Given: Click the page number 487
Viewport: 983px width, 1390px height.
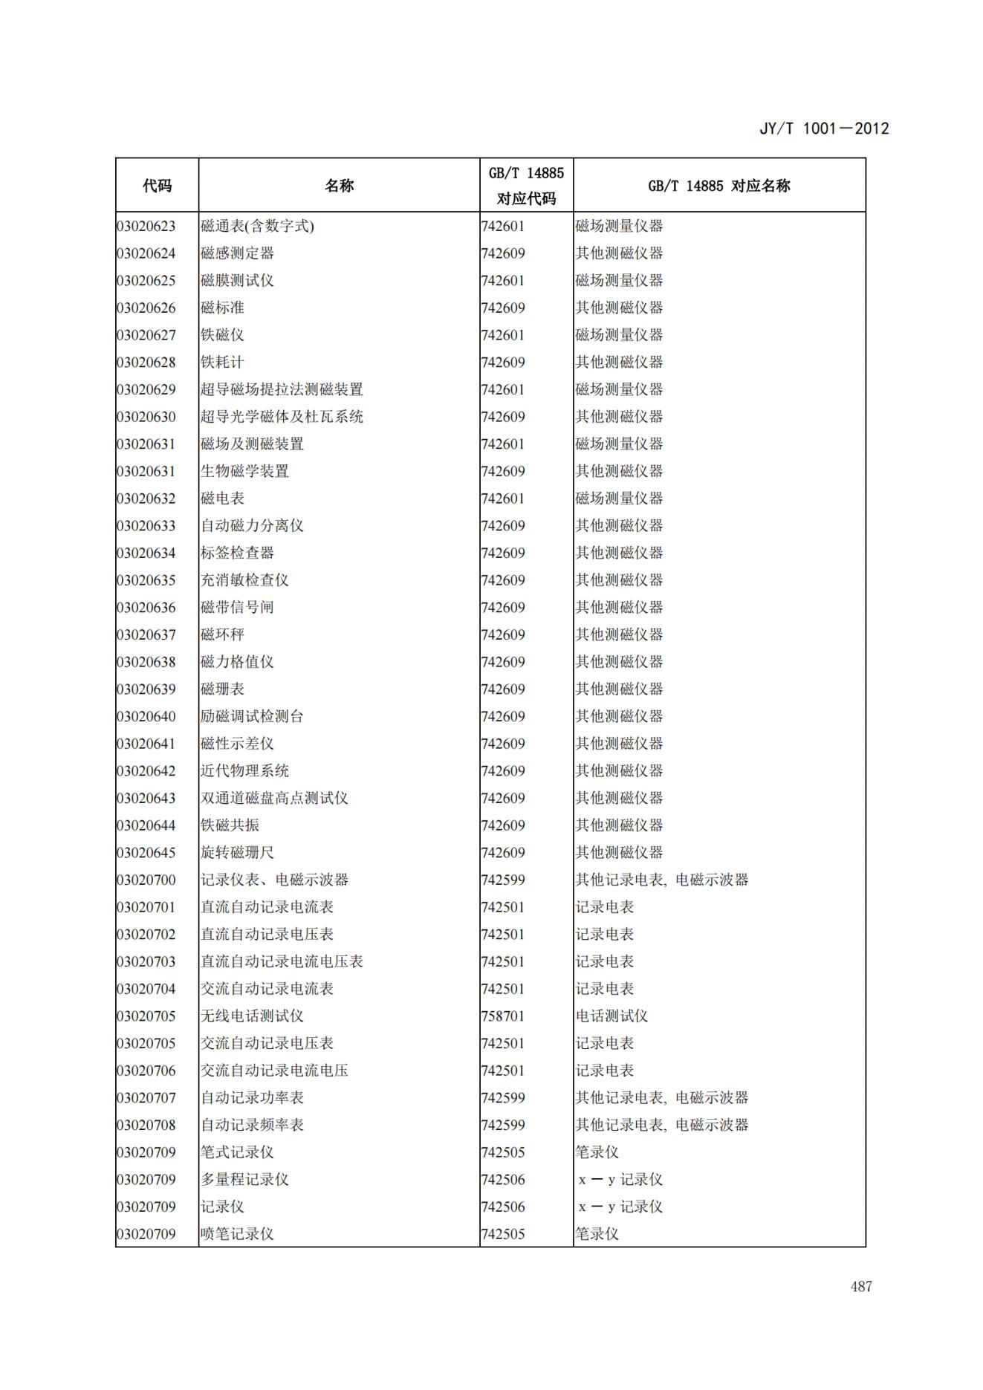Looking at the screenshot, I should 860,1287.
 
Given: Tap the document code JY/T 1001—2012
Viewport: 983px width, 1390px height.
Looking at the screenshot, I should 823,129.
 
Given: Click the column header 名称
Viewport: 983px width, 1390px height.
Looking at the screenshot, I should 339,186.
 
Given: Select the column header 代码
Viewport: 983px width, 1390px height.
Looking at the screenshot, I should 157,186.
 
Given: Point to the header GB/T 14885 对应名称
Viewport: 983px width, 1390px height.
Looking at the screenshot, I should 718,186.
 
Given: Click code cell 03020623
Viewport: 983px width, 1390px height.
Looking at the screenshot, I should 146,226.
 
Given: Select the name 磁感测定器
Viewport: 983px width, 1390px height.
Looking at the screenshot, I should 237,253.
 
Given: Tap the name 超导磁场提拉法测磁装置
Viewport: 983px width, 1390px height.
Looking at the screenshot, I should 282,389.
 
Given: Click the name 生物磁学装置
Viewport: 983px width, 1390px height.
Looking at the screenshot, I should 244,471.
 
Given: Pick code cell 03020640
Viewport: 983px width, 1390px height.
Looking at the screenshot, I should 146,716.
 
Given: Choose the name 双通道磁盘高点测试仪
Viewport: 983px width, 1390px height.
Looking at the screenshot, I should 274,798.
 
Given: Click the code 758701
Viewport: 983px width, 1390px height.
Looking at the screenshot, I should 503,1016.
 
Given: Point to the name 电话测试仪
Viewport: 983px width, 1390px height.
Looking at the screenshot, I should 611,1016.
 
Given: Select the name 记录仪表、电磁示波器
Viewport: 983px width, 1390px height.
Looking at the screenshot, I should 274,880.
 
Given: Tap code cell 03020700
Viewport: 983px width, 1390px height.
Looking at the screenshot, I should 146,880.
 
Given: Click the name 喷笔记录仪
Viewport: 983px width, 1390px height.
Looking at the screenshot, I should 237,1234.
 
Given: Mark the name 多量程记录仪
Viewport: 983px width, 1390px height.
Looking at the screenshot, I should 244,1179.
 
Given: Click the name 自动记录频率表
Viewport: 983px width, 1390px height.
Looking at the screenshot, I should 252,1125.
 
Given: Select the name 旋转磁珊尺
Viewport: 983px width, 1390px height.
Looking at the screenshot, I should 237,852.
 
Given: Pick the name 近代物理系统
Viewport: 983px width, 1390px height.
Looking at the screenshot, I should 244,770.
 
